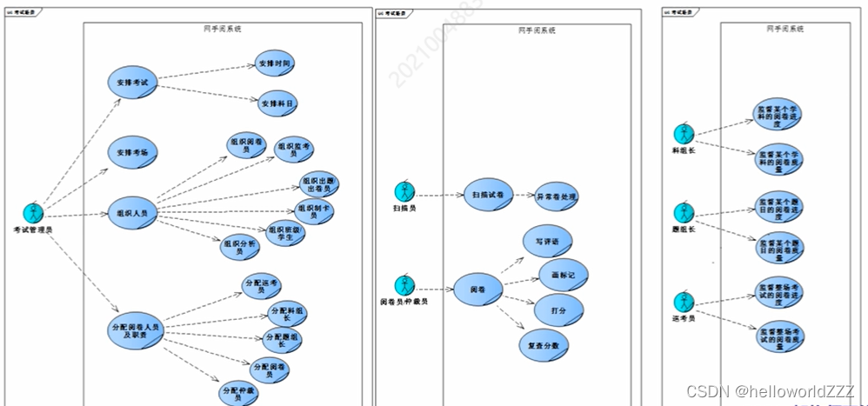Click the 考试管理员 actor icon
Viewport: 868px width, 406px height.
[33, 212]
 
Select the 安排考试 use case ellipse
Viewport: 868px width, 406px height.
[132, 83]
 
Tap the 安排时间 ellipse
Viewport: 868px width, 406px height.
[276, 63]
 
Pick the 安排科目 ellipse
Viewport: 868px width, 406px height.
[276, 103]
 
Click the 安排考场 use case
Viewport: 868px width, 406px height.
[132, 152]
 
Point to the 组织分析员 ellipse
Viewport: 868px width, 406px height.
[240, 248]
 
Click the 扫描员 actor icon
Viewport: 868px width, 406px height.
[404, 191]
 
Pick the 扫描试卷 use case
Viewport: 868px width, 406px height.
[489, 195]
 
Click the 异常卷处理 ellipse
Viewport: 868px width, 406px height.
[556, 196]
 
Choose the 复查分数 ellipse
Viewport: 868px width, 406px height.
[544, 344]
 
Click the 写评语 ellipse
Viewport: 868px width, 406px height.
[546, 242]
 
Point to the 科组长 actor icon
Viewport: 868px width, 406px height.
[684, 134]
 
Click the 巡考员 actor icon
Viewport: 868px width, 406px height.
[684, 302]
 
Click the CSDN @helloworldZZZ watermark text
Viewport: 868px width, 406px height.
[770, 392]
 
